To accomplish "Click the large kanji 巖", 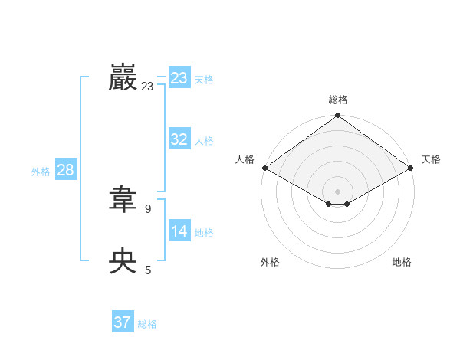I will pos(123,77).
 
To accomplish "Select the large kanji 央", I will pos(123,261).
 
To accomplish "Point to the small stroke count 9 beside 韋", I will pos(148,208).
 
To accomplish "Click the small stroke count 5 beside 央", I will pos(148,270).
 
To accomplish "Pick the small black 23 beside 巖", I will pos(147,87).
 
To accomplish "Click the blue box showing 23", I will pos(179,78).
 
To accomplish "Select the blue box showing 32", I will pos(179,139).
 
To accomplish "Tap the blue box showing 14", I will pos(179,231).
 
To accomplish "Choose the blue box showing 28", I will pos(65,170).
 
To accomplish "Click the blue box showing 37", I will pos(123,322).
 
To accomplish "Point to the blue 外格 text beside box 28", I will pos(41,172).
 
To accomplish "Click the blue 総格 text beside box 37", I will pos(147,324).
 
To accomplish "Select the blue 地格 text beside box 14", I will pos(204,233).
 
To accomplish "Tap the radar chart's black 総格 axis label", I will pos(338,100).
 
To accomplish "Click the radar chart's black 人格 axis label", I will pos(245,159).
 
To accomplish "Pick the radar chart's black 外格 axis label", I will pos(270,262).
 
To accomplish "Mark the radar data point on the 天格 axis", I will pos(412,168).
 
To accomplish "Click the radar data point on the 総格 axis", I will pos(338,116).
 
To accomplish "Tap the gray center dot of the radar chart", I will pos(338,191).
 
